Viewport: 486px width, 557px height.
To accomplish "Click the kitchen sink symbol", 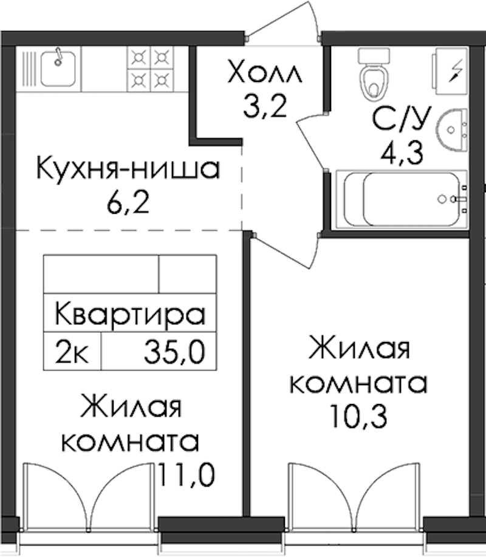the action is (58, 68).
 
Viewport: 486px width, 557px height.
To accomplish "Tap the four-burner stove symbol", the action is (150, 69).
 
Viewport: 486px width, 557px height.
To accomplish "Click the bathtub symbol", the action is (402, 199).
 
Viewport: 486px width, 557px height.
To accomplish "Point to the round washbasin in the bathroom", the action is (451, 129).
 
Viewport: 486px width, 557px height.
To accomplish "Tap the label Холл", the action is (265, 72).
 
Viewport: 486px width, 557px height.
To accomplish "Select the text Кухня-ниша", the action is (128, 168).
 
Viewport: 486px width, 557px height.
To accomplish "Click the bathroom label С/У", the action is (401, 119).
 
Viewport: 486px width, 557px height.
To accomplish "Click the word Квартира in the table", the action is (130, 314).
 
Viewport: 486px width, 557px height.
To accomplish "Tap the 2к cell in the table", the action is (72, 352).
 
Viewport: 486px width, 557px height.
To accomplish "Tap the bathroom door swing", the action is (311, 141).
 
